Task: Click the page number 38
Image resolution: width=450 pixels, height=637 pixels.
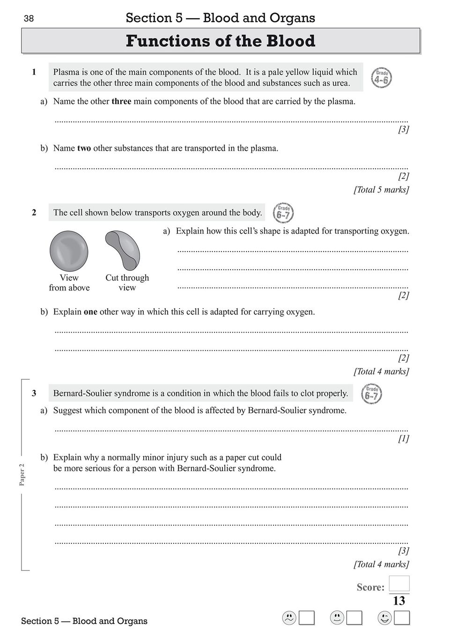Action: point(29,19)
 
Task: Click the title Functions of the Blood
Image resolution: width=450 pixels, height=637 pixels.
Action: point(221,41)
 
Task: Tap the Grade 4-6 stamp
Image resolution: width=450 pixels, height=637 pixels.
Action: point(381,78)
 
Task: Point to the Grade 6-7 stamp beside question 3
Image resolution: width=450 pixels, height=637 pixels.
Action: point(372,394)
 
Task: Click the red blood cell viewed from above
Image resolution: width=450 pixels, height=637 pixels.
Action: point(69,251)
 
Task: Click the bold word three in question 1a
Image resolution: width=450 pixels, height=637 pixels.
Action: point(121,101)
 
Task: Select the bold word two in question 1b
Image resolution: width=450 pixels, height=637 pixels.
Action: point(84,148)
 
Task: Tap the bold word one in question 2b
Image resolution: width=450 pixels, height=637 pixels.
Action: point(90,312)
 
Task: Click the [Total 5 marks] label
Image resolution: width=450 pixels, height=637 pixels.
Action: point(381,190)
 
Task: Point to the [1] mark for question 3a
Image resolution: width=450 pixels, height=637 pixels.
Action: point(403,438)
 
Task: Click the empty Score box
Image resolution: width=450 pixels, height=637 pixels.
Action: point(399,584)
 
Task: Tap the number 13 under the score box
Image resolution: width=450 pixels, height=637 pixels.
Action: point(399,601)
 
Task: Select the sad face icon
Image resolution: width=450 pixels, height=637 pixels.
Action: point(289,618)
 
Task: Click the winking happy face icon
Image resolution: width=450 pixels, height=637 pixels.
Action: point(384,618)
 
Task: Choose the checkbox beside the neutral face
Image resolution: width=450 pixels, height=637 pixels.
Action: point(354,618)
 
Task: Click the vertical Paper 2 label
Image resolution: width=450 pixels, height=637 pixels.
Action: point(22,474)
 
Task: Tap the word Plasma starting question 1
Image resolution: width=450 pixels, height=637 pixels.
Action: point(66,72)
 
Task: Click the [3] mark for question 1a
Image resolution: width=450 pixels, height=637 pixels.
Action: point(403,129)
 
